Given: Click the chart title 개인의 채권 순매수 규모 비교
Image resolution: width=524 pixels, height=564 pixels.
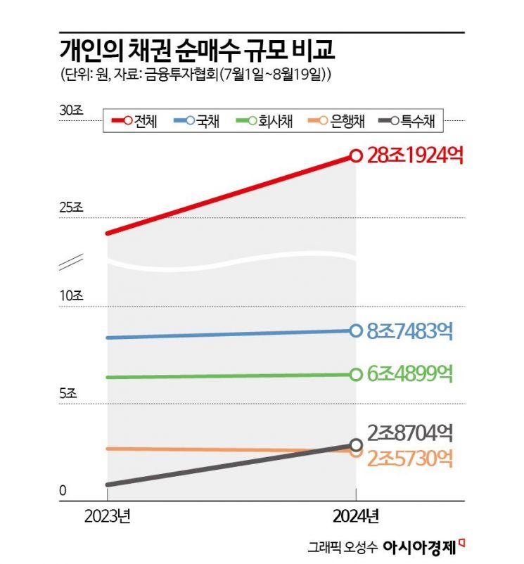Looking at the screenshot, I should click(x=188, y=51).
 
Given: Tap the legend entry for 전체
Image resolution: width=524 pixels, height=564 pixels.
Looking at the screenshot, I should click(x=134, y=121).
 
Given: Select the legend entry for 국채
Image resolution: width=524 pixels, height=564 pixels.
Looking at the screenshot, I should click(x=198, y=121).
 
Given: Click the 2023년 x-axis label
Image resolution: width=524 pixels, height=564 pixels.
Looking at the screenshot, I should click(x=107, y=516).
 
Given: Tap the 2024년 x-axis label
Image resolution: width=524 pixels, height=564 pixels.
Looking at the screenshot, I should click(x=356, y=516).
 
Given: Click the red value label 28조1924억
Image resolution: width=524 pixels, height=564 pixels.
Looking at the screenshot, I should click(x=415, y=155).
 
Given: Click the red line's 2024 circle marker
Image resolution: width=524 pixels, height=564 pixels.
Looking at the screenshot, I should click(x=356, y=156).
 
